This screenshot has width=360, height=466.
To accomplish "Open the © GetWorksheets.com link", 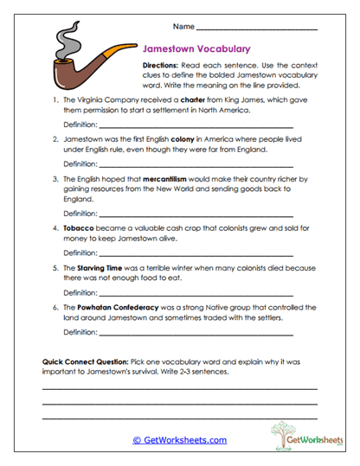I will click(x=179, y=440).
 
